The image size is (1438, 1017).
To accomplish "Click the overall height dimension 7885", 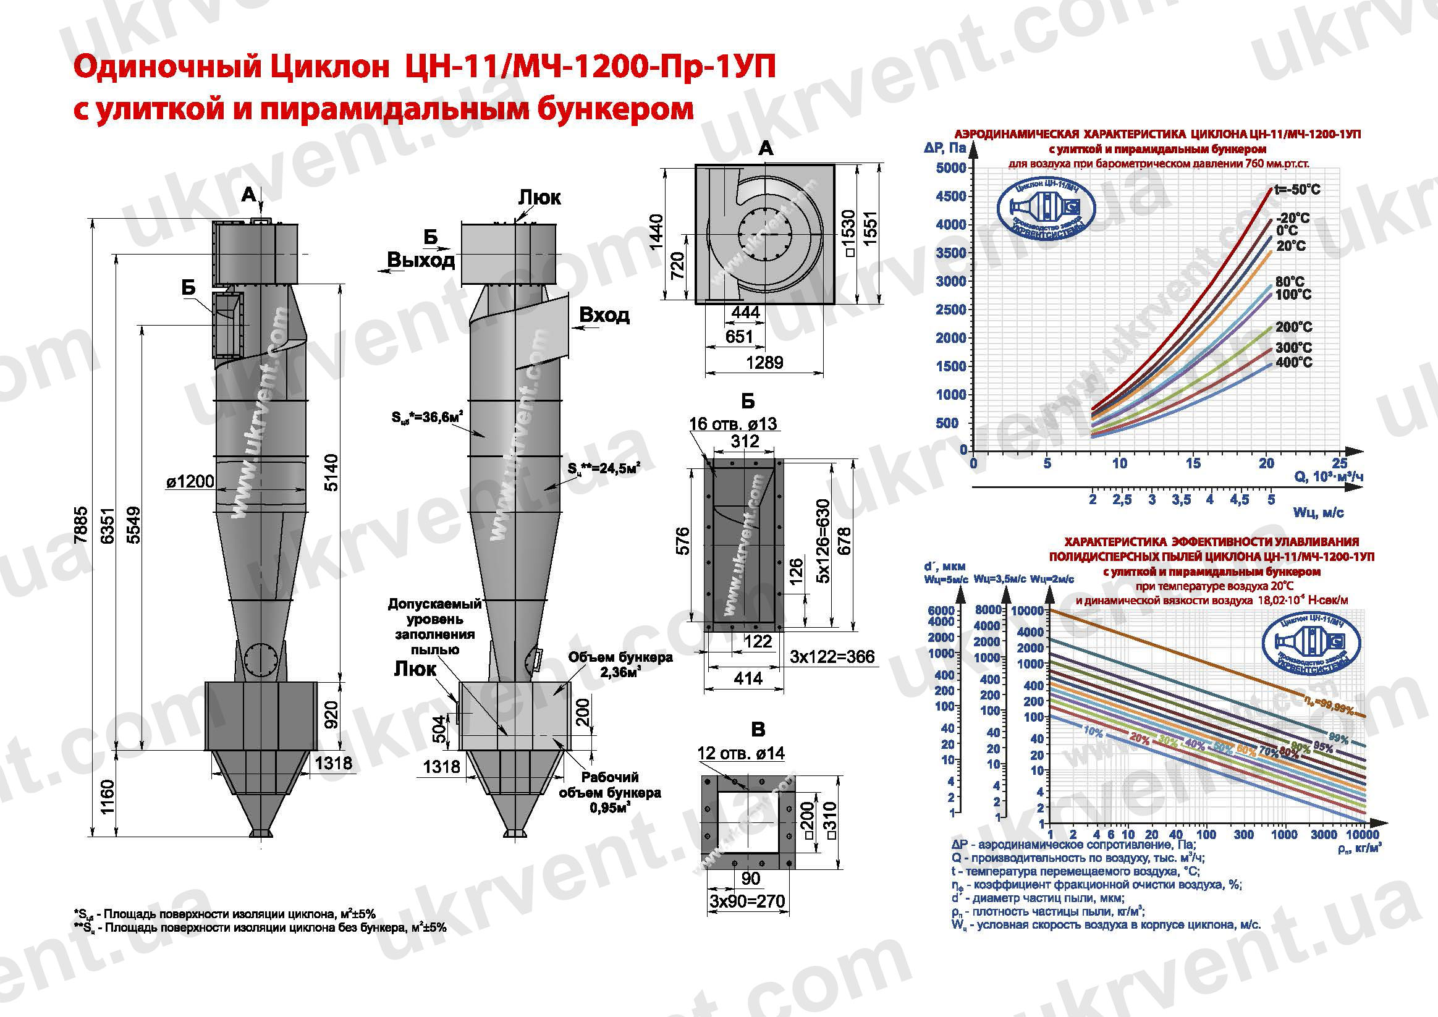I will pyautogui.click(x=82, y=525).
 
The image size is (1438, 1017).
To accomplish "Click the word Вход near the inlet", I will pyautogui.click(x=604, y=315).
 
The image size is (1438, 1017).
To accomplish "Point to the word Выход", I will pyautogui.click(x=421, y=260).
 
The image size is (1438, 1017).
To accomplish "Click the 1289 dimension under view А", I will pyautogui.click(x=764, y=363).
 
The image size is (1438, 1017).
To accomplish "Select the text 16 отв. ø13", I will pyautogui.click(x=733, y=424).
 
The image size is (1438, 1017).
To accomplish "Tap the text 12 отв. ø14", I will pyautogui.click(x=741, y=753).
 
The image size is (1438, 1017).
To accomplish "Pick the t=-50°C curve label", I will pyautogui.click(x=1297, y=189).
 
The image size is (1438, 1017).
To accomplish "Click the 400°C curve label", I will pyautogui.click(x=1293, y=362).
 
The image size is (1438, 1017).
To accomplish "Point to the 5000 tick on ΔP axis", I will pyautogui.click(x=950, y=168).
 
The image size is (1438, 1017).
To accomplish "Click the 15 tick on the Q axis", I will pyautogui.click(x=1193, y=463).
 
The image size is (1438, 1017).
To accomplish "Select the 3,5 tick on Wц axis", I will pyautogui.click(x=1181, y=500).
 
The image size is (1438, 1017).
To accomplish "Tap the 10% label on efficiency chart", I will pyautogui.click(x=1093, y=732).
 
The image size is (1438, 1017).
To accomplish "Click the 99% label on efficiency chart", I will pyautogui.click(x=1339, y=739).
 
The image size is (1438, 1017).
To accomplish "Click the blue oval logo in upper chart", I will pyautogui.click(x=1046, y=211).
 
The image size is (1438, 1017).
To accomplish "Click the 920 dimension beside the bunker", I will pyautogui.click(x=331, y=714).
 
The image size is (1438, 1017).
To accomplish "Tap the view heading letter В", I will pyautogui.click(x=758, y=730).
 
